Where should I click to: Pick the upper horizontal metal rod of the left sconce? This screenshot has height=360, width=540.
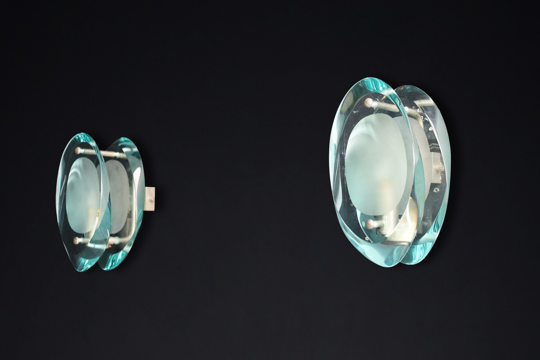[97, 153]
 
